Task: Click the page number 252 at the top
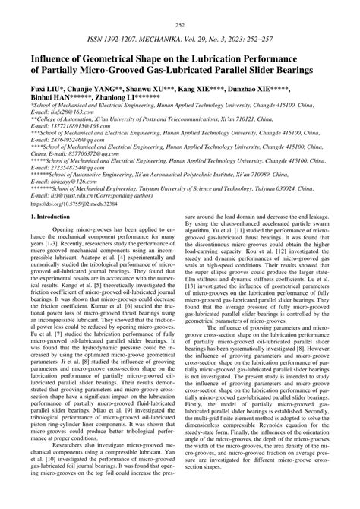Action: pos(180,25)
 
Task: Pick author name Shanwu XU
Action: pos(154,89)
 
